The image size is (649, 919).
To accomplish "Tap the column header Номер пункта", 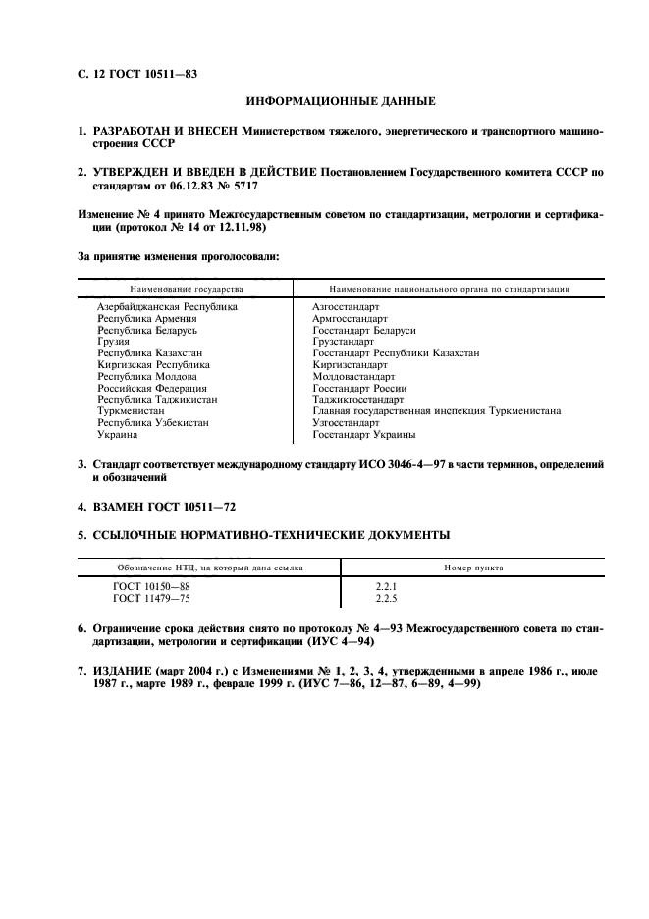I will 474,568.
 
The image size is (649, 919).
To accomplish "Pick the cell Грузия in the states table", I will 113,342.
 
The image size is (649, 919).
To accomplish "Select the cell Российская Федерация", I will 153,388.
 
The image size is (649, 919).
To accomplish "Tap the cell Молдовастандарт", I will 353,376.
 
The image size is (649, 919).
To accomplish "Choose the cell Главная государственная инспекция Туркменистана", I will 436,411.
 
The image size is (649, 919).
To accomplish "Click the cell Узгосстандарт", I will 346,422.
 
